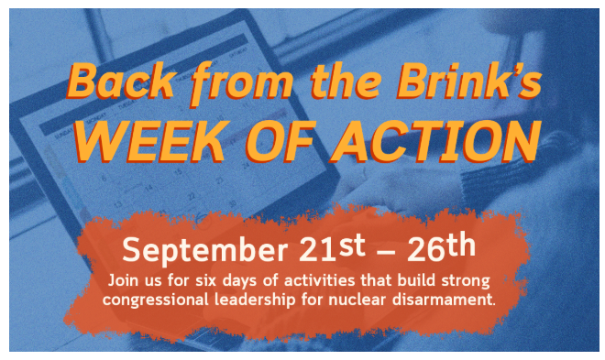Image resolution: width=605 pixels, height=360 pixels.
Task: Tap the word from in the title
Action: (242, 82)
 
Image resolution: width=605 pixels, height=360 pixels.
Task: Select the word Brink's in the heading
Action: (469, 81)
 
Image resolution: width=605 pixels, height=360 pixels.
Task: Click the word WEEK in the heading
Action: (151, 141)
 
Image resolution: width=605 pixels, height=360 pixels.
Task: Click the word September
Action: (205, 250)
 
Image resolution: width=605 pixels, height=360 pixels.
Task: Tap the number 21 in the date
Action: (316, 249)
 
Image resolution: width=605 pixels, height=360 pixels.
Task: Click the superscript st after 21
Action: (352, 245)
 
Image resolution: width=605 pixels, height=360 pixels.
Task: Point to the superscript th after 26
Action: (461, 245)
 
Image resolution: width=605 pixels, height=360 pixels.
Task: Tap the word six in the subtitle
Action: (205, 280)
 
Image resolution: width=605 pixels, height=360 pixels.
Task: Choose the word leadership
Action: (255, 300)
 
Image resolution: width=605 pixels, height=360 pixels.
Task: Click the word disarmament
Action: (443, 300)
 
